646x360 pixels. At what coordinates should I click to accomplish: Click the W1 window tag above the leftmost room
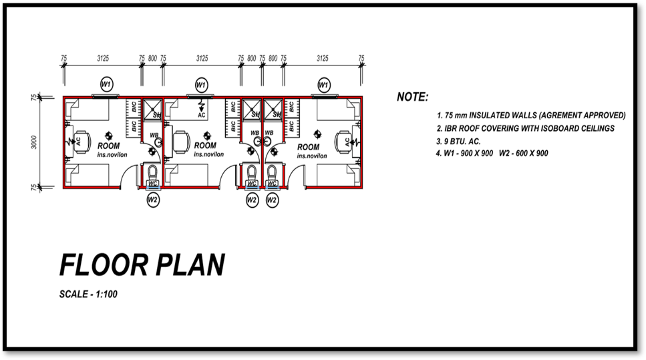[106, 84]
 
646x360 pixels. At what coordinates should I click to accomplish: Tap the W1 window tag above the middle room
[201, 85]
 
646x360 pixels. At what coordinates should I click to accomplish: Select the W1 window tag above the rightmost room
[323, 85]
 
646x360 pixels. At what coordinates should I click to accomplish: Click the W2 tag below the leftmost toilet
[152, 199]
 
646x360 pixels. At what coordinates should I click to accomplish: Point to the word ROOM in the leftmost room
[108, 146]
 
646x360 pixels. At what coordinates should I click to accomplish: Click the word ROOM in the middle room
[205, 146]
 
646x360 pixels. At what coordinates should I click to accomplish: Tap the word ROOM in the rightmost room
[308, 147]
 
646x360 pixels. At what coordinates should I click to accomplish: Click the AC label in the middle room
[202, 115]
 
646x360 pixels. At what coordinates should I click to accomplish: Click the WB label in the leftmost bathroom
[154, 136]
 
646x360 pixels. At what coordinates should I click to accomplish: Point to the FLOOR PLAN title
[142, 265]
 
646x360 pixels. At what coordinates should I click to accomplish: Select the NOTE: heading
[412, 98]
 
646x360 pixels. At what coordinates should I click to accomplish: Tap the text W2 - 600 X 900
[524, 154]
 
